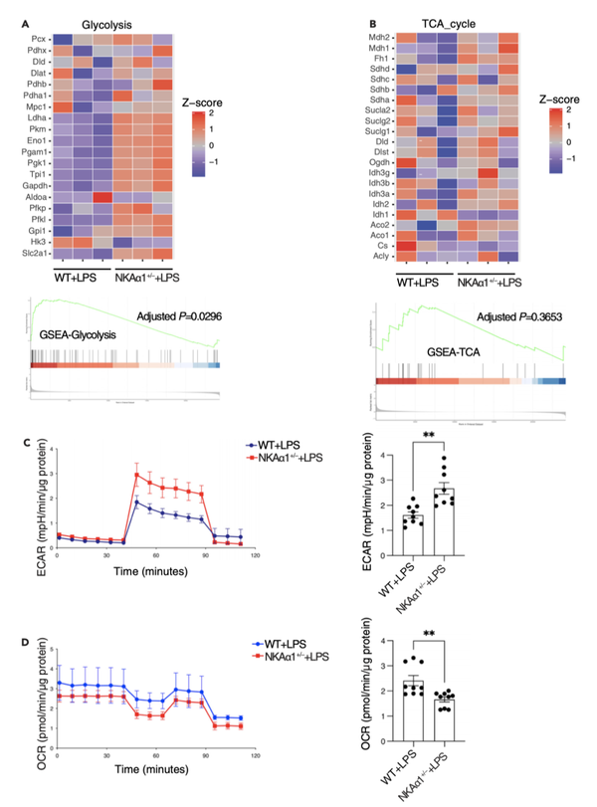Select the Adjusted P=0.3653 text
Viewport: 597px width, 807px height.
coord(508,316)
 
